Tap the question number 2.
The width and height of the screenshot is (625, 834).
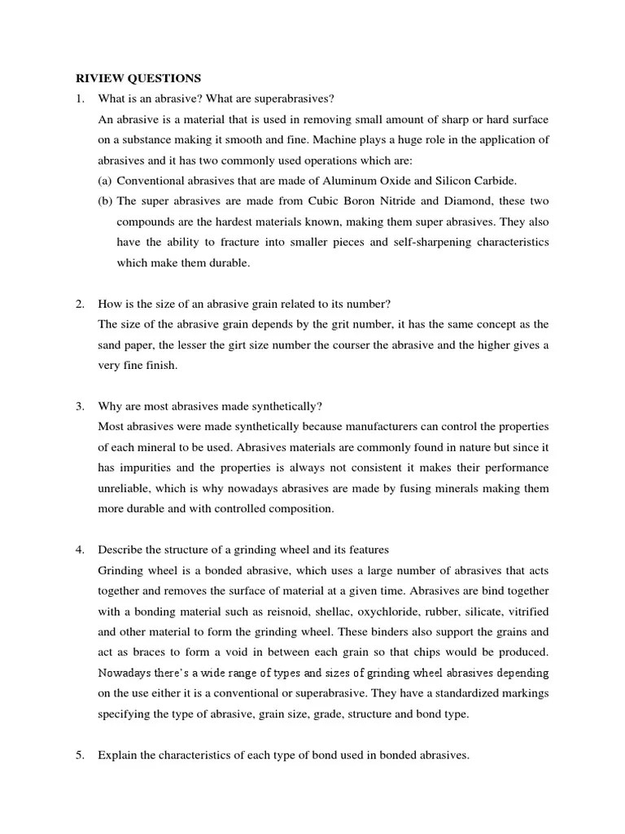point(80,304)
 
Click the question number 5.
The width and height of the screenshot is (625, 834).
point(80,755)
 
